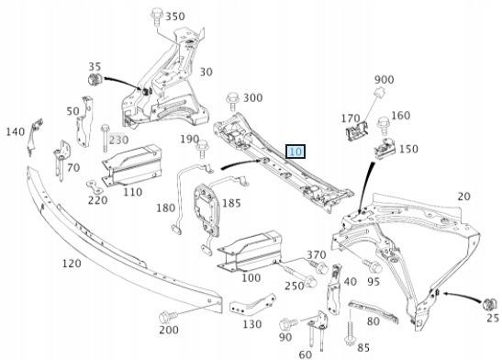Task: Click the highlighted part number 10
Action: click(296, 152)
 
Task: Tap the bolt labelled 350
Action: click(156, 17)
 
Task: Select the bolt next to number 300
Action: click(233, 102)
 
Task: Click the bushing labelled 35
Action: click(95, 79)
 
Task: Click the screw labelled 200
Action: click(168, 317)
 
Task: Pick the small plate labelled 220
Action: click(95, 186)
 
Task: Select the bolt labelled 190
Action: click(202, 149)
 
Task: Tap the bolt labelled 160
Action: click(384, 126)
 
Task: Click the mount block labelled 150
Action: click(385, 149)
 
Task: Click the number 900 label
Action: click(384, 79)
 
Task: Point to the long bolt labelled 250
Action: click(301, 276)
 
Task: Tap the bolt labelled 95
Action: click(373, 265)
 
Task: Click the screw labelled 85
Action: click(350, 333)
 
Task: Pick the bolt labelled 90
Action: click(288, 323)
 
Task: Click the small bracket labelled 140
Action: click(35, 137)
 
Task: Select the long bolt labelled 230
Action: click(105, 139)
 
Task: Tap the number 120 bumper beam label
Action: click(72, 264)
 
